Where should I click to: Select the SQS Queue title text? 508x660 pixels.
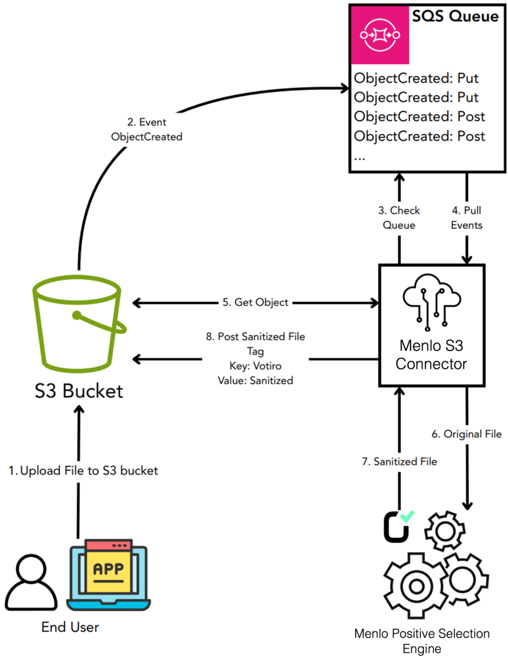coord(455,16)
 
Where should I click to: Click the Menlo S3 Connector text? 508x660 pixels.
coord(431,355)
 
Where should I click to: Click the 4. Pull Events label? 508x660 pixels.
coord(467,218)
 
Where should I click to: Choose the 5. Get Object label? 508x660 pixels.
coord(255,302)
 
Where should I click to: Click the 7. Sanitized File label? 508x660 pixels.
coord(398,461)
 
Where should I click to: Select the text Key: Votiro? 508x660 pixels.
coord(255,366)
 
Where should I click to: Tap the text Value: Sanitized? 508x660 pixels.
coord(255,380)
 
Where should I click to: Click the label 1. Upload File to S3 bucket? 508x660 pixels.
coord(83,471)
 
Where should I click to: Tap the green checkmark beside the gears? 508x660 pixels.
coord(407,515)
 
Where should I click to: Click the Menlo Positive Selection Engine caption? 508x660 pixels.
coord(422,641)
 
